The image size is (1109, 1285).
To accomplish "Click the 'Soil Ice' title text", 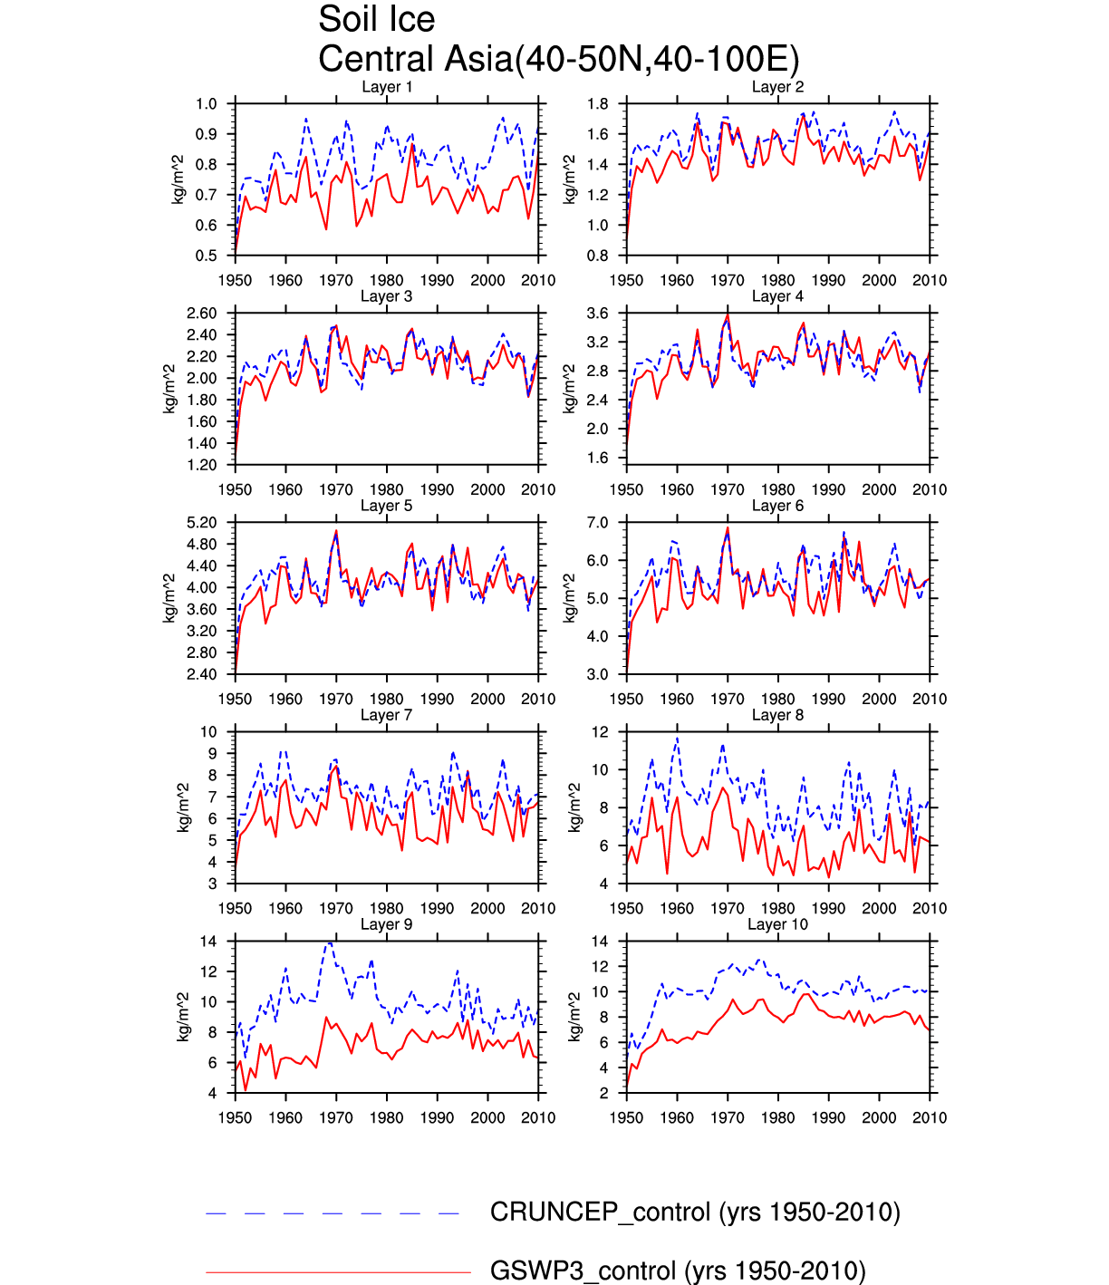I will pos(376,20).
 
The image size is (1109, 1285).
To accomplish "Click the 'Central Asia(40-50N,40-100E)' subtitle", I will pos(558,60).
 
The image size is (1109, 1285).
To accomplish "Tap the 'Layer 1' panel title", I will pos(387,87).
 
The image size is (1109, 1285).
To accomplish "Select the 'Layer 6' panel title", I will pos(777,506).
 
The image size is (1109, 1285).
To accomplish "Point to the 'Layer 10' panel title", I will pos(777,924).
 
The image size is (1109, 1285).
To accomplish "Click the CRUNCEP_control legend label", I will pos(695,1213).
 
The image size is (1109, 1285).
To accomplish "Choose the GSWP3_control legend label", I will pos(678,1271).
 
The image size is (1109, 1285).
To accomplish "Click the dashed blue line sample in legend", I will pos(333,1213).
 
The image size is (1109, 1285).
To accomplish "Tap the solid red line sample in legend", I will pos(338,1272).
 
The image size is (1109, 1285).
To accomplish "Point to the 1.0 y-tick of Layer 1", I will pos(207,104).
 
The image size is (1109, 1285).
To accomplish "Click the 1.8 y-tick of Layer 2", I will pos(597,104).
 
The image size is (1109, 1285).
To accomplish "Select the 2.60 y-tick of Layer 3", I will pos(202,314).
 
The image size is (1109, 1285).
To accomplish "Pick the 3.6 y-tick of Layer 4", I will pos(597,314).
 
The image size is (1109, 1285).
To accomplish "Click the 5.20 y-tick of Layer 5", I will pos(202,523).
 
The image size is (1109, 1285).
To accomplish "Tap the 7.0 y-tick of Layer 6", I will pos(597,523).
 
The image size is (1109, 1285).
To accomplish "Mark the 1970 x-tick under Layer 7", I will pos(336,908).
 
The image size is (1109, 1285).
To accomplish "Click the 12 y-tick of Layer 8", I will pos(600,732).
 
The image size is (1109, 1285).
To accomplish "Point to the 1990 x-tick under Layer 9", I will pos(438,1117).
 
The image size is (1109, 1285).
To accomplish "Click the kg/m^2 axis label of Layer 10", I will pos(573,1017).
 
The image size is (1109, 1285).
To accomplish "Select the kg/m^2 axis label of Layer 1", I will pos(178,179).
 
